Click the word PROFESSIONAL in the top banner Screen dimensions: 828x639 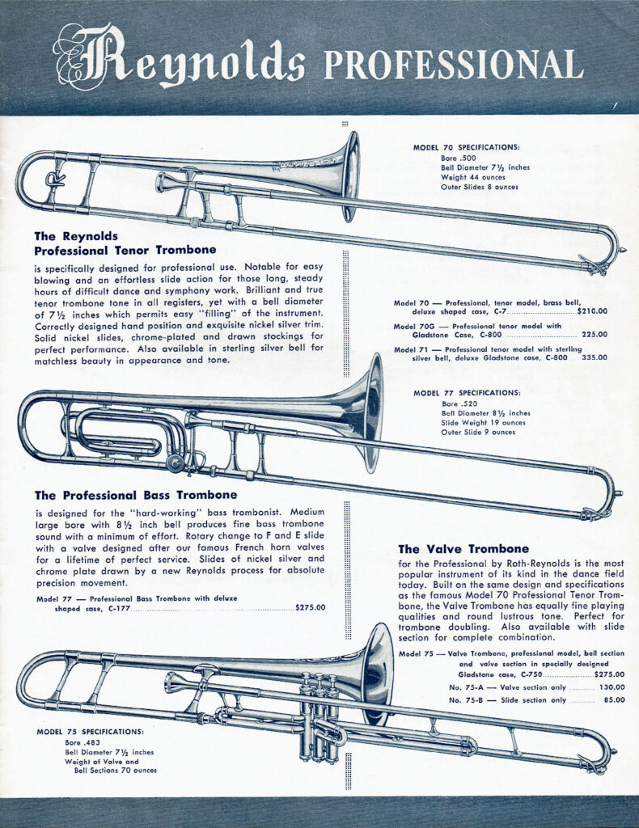(452, 64)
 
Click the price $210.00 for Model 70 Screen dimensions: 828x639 (592, 310)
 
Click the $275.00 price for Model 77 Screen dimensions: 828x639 (311, 608)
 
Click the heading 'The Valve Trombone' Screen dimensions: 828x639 (463, 549)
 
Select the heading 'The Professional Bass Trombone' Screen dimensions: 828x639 (136, 495)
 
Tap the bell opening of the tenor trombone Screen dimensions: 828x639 (351, 177)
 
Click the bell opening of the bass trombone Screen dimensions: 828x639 (373, 413)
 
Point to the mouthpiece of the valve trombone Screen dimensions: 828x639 (171, 684)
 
